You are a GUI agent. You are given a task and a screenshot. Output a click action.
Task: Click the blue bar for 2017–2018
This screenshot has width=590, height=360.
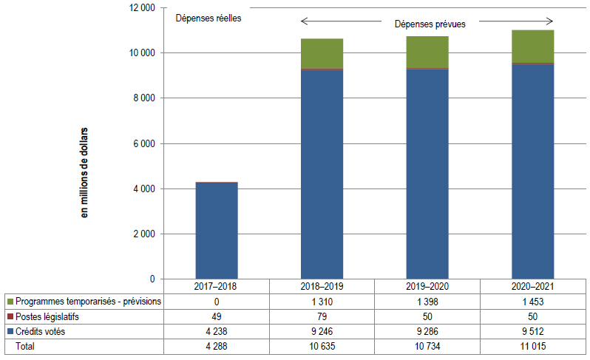[216, 231]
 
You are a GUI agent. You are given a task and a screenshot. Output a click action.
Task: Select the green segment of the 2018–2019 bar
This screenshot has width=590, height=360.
[322, 53]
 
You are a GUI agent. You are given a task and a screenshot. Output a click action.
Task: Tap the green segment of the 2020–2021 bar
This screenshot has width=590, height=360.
[533, 46]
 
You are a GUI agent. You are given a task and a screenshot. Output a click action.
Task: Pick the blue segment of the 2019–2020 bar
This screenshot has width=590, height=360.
[427, 174]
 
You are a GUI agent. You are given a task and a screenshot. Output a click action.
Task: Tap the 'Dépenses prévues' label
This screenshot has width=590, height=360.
[430, 24]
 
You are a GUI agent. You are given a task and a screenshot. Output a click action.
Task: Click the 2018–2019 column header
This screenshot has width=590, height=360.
[322, 286]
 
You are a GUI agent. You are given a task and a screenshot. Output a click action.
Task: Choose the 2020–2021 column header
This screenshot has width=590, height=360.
[533, 286]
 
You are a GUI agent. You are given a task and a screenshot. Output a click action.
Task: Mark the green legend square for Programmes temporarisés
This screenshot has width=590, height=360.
[10, 302]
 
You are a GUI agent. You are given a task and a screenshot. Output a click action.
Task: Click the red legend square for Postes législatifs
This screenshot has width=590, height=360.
[10, 316]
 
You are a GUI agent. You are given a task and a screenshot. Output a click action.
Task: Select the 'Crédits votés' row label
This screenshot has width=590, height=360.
[40, 331]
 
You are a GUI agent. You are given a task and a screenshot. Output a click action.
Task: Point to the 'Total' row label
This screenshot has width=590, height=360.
[26, 345]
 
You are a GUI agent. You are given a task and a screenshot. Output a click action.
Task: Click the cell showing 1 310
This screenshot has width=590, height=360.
[322, 302]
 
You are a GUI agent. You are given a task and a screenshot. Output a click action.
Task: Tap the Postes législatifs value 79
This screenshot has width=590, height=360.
[322, 316]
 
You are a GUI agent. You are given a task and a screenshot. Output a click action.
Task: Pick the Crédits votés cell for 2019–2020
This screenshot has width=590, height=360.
[427, 331]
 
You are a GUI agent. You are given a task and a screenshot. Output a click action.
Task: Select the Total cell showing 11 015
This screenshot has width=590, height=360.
[533, 345]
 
